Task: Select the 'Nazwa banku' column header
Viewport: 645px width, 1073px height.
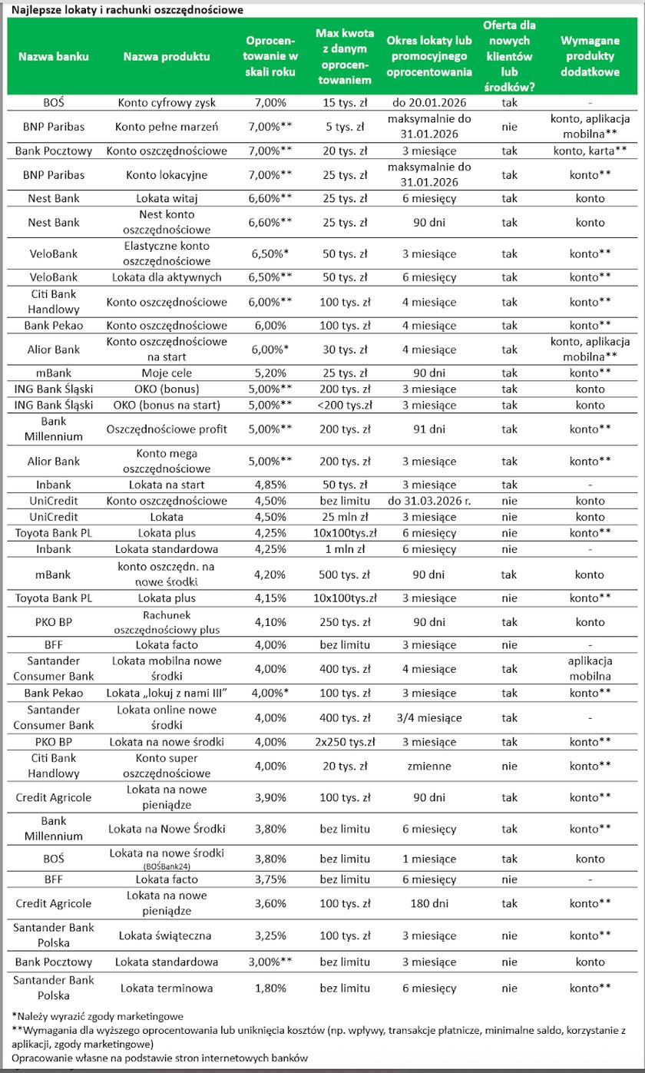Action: coord(54,57)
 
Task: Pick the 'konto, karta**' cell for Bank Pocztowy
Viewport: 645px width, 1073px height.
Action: coord(590,151)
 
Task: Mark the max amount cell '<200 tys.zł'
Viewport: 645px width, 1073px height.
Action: coord(344,405)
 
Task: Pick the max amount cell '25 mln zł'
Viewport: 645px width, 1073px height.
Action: coord(344,517)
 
